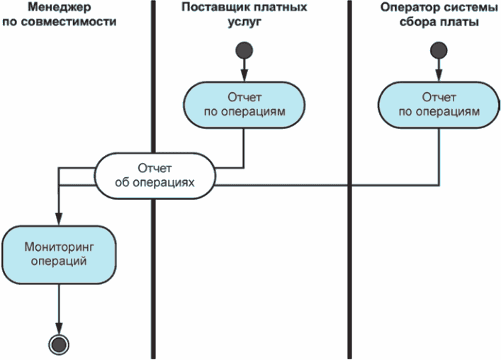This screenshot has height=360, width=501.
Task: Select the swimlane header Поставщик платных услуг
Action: click(x=244, y=14)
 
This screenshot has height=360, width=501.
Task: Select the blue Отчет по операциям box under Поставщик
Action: click(x=245, y=104)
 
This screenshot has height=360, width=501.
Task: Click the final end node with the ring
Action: click(x=60, y=344)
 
